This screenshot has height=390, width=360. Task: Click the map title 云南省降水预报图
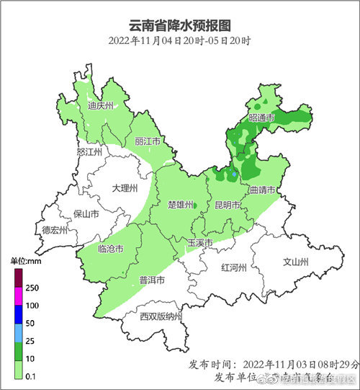[x=180, y=24]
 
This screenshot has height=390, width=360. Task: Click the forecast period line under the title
[x=180, y=40]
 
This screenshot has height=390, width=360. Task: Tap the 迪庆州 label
[x=101, y=105]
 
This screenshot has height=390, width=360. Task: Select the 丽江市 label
[x=147, y=142]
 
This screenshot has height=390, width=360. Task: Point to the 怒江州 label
[x=90, y=152]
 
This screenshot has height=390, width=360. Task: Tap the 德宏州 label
[x=54, y=231]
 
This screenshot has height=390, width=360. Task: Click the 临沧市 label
[x=109, y=249]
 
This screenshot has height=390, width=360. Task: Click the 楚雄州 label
[x=180, y=205]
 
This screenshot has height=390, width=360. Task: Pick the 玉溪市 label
[x=200, y=243]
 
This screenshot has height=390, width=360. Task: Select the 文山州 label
[x=295, y=262]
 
